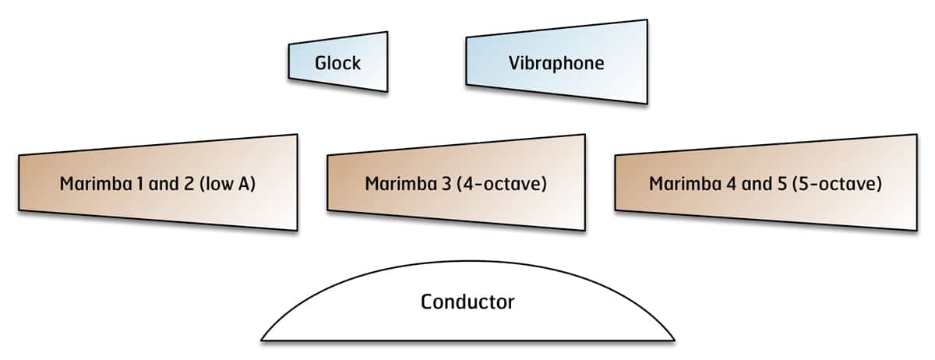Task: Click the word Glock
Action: tap(337, 63)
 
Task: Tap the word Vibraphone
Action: tap(556, 63)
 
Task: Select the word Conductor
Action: tap(467, 302)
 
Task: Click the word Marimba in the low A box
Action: tap(92, 185)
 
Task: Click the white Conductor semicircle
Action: tap(467, 323)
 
